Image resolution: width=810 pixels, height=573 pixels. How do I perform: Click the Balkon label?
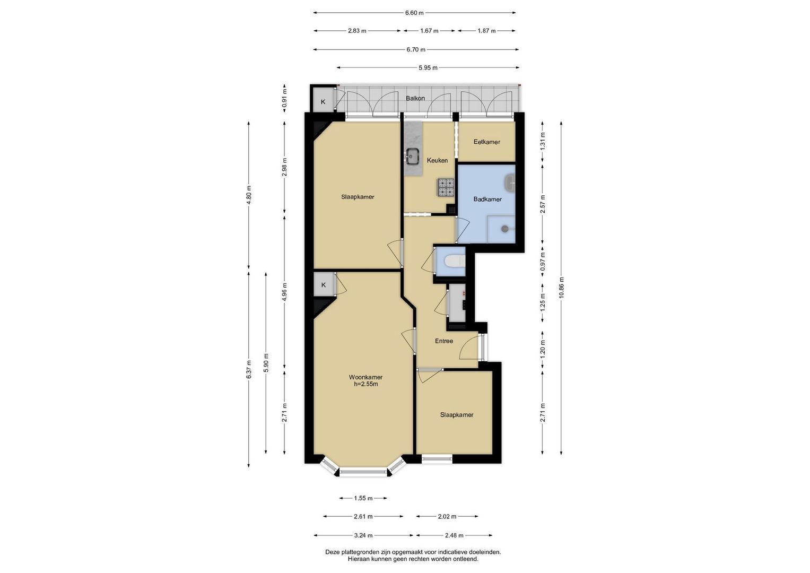coord(415,98)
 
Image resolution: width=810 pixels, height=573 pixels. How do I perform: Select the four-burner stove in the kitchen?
coord(446,187)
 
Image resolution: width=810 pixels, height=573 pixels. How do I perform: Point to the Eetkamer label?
coord(487,142)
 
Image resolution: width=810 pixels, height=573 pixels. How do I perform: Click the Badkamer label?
coord(487,199)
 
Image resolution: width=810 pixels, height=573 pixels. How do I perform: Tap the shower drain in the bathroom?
coord(505,229)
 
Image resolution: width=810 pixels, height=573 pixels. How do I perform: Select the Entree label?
coord(443,341)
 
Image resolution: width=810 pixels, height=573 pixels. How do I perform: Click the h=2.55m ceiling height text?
coord(366,384)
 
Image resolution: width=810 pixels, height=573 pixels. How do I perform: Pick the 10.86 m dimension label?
coord(561,288)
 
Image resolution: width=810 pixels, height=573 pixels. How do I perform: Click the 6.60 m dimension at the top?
coord(414,13)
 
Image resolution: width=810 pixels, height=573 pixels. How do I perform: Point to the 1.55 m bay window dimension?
coord(363,498)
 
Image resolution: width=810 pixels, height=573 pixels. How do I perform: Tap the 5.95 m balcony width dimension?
coord(428,68)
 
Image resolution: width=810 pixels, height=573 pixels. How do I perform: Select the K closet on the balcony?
coord(323,102)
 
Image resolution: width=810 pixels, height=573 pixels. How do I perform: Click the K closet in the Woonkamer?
coord(323,285)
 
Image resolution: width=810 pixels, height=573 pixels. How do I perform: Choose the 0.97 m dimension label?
coord(543,262)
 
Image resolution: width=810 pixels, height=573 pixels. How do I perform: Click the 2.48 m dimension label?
coord(454,535)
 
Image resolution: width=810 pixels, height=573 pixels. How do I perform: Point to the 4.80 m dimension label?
coord(249,195)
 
